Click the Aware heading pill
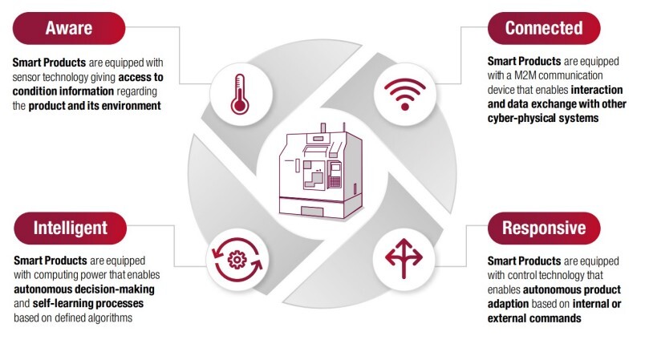(x=69, y=28)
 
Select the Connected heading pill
(x=543, y=28)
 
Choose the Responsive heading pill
(x=543, y=228)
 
